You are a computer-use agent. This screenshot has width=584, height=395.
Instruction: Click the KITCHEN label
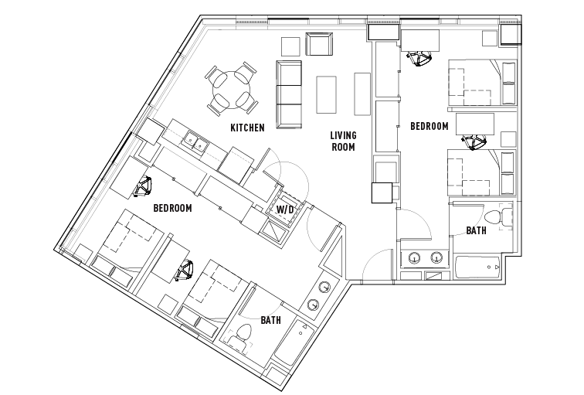click(x=247, y=128)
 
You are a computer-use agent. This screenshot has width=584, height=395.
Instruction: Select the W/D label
click(x=285, y=209)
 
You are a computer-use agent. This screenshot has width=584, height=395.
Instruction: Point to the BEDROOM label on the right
click(x=429, y=126)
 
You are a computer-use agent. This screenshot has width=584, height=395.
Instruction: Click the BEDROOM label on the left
click(x=172, y=208)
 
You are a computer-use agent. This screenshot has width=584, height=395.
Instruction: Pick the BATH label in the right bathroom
click(x=476, y=230)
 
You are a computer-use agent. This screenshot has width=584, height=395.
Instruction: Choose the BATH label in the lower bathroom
click(x=270, y=320)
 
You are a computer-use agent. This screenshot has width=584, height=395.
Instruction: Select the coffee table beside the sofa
click(x=328, y=93)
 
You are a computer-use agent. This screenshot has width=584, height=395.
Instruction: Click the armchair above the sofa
click(x=319, y=45)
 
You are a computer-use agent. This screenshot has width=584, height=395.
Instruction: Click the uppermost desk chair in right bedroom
click(x=419, y=60)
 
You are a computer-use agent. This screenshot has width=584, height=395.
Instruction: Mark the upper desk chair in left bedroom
click(x=144, y=186)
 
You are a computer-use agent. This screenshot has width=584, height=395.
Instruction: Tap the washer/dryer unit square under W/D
click(x=276, y=230)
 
